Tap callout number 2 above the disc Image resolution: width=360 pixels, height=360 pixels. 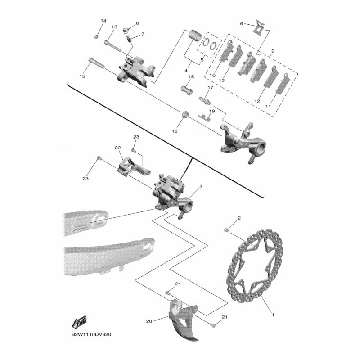[239, 218]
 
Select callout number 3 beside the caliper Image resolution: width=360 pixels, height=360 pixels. [201, 186]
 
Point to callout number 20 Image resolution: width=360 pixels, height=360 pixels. [149, 321]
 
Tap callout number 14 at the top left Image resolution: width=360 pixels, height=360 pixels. [103, 21]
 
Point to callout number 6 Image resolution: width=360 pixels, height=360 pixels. [242, 23]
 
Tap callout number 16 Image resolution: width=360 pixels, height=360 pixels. [175, 131]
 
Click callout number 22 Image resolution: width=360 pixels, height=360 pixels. [118, 148]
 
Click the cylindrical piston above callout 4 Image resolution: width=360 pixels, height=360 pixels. [195, 36]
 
